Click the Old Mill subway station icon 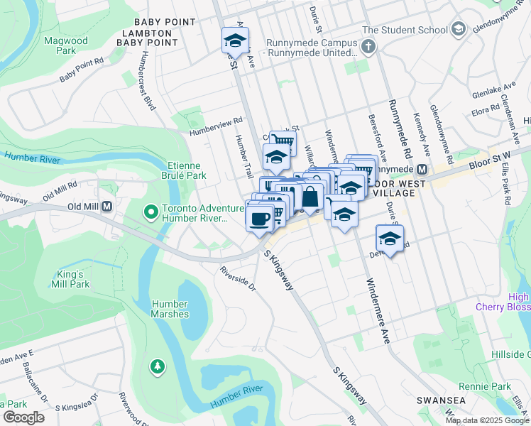pyautogui.click(x=107, y=207)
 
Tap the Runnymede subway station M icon pyautogui.click(x=422, y=170)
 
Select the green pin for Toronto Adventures pyautogui.click(x=150, y=212)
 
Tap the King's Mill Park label pyautogui.click(x=72, y=279)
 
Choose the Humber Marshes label pyautogui.click(x=170, y=309)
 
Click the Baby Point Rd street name pyautogui.click(x=82, y=68)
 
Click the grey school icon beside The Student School pyautogui.click(x=458, y=30)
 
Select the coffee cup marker pyautogui.click(x=260, y=217)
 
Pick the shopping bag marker pyautogui.click(x=310, y=196)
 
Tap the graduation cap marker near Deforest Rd pyautogui.click(x=390, y=238)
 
